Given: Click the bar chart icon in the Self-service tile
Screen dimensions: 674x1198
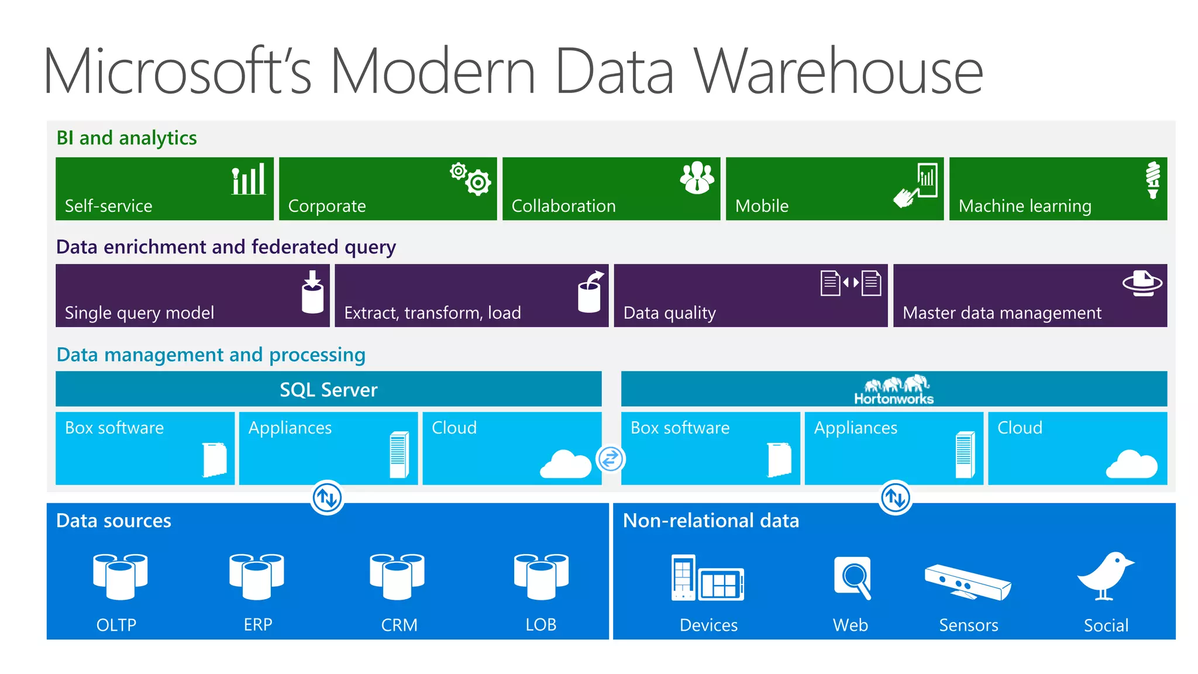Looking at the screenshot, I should [x=249, y=180].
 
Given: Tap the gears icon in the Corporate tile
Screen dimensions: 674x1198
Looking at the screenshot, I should [x=471, y=178].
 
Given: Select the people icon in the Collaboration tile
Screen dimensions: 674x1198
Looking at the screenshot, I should [x=697, y=177].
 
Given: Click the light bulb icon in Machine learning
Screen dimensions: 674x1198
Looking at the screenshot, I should [x=1152, y=180].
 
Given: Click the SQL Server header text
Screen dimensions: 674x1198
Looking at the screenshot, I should [x=328, y=390].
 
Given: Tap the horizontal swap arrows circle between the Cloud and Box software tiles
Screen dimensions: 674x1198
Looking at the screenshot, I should [x=611, y=459].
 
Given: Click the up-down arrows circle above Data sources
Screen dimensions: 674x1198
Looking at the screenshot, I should [x=327, y=498].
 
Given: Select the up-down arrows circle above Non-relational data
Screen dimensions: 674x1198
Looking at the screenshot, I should [x=896, y=498].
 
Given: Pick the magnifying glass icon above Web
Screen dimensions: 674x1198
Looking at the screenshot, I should [x=853, y=577].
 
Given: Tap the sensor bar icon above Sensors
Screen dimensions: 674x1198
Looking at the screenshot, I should [x=968, y=582].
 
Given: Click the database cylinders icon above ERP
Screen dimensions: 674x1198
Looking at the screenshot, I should [x=257, y=576].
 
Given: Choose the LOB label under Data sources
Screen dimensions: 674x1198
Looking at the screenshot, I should [x=541, y=625].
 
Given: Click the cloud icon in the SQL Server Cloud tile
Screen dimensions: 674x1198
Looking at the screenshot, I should [x=566, y=465].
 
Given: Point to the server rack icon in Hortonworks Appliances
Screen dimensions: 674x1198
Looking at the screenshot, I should [x=965, y=455].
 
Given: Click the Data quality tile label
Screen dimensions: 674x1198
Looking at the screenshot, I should [x=669, y=313].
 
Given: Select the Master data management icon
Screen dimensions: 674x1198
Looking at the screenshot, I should [x=1142, y=283].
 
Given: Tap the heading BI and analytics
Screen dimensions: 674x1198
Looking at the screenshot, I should [x=126, y=138].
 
